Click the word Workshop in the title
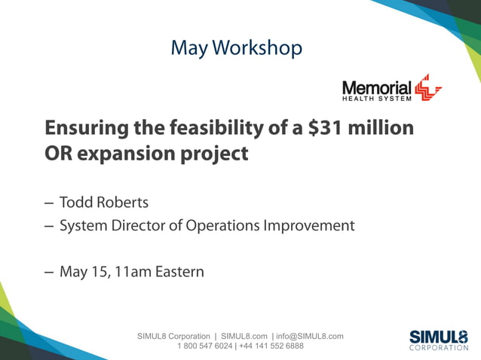point(258,48)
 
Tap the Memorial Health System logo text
point(377,90)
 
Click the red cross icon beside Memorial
point(428,87)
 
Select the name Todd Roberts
point(104,203)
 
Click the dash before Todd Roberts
point(48,203)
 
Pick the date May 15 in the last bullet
point(83,271)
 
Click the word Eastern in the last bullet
point(179,271)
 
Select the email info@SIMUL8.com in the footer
point(310,336)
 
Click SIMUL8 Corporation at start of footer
point(173,336)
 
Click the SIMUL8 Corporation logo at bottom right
point(438,340)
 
